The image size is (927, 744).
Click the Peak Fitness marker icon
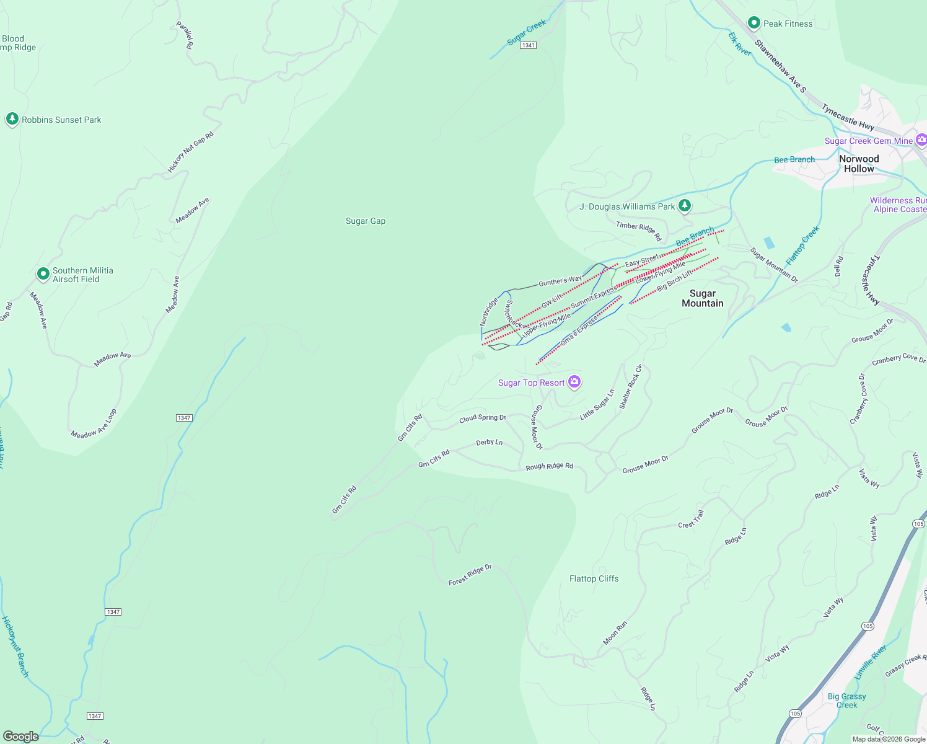click(753, 23)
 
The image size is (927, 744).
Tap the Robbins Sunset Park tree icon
click(12, 119)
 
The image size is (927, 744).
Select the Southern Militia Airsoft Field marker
click(43, 273)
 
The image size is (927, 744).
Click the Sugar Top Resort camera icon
click(574, 382)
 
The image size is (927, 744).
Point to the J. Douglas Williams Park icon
click(684, 205)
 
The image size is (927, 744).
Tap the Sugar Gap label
click(366, 221)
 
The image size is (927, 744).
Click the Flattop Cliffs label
click(594, 578)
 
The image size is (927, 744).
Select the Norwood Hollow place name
click(859, 164)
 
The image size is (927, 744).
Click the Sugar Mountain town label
click(702, 298)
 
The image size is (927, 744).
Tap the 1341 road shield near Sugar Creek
click(528, 45)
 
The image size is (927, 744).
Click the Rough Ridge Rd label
click(549, 466)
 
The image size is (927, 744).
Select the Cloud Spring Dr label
click(482, 418)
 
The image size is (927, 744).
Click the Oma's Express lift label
click(579, 331)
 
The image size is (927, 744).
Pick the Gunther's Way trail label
click(560, 281)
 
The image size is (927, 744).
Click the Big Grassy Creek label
click(846, 701)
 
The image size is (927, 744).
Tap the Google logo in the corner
click(20, 736)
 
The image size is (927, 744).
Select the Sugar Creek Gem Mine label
click(868, 141)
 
